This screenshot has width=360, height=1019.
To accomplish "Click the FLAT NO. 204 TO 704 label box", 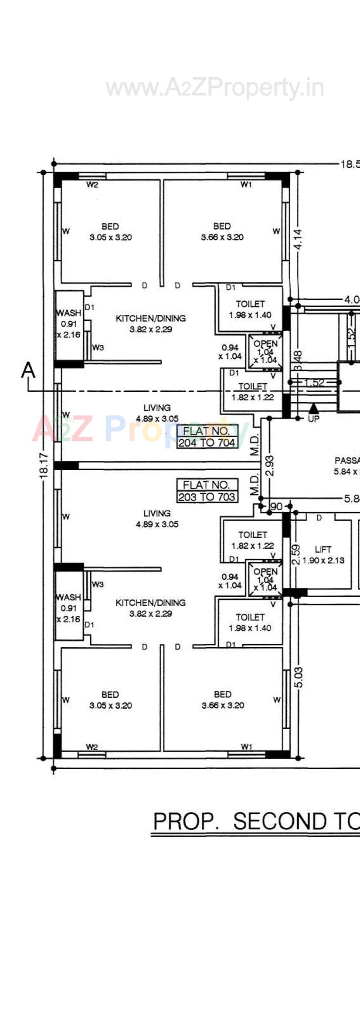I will pyautogui.click(x=207, y=437).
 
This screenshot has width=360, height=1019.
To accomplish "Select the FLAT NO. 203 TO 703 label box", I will pyautogui.click(x=207, y=491).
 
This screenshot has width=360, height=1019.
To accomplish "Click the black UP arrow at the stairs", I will pyautogui.click(x=313, y=409).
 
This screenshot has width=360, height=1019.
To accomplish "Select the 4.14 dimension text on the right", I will pyautogui.click(x=299, y=239).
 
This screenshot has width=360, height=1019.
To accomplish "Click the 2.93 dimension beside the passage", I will pyautogui.click(x=270, y=465).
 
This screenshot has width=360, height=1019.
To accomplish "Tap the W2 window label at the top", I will pyautogui.click(x=92, y=185).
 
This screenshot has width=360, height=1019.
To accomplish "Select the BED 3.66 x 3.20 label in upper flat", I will pyautogui.click(x=222, y=232).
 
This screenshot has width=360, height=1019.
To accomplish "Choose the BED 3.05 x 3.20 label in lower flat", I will pyautogui.click(x=110, y=700).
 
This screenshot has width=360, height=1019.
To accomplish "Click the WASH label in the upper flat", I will pyautogui.click(x=68, y=313).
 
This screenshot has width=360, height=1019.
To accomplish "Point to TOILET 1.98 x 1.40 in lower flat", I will pyautogui.click(x=250, y=622).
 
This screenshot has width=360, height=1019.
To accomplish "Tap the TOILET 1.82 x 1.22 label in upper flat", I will pyautogui.click(x=253, y=391).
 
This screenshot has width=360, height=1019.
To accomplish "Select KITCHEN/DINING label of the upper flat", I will pyautogui.click(x=151, y=323).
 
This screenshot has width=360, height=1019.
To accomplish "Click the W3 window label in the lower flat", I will pyautogui.click(x=98, y=584).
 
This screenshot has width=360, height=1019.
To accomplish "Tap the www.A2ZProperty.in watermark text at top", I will pyautogui.click(x=214, y=88).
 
